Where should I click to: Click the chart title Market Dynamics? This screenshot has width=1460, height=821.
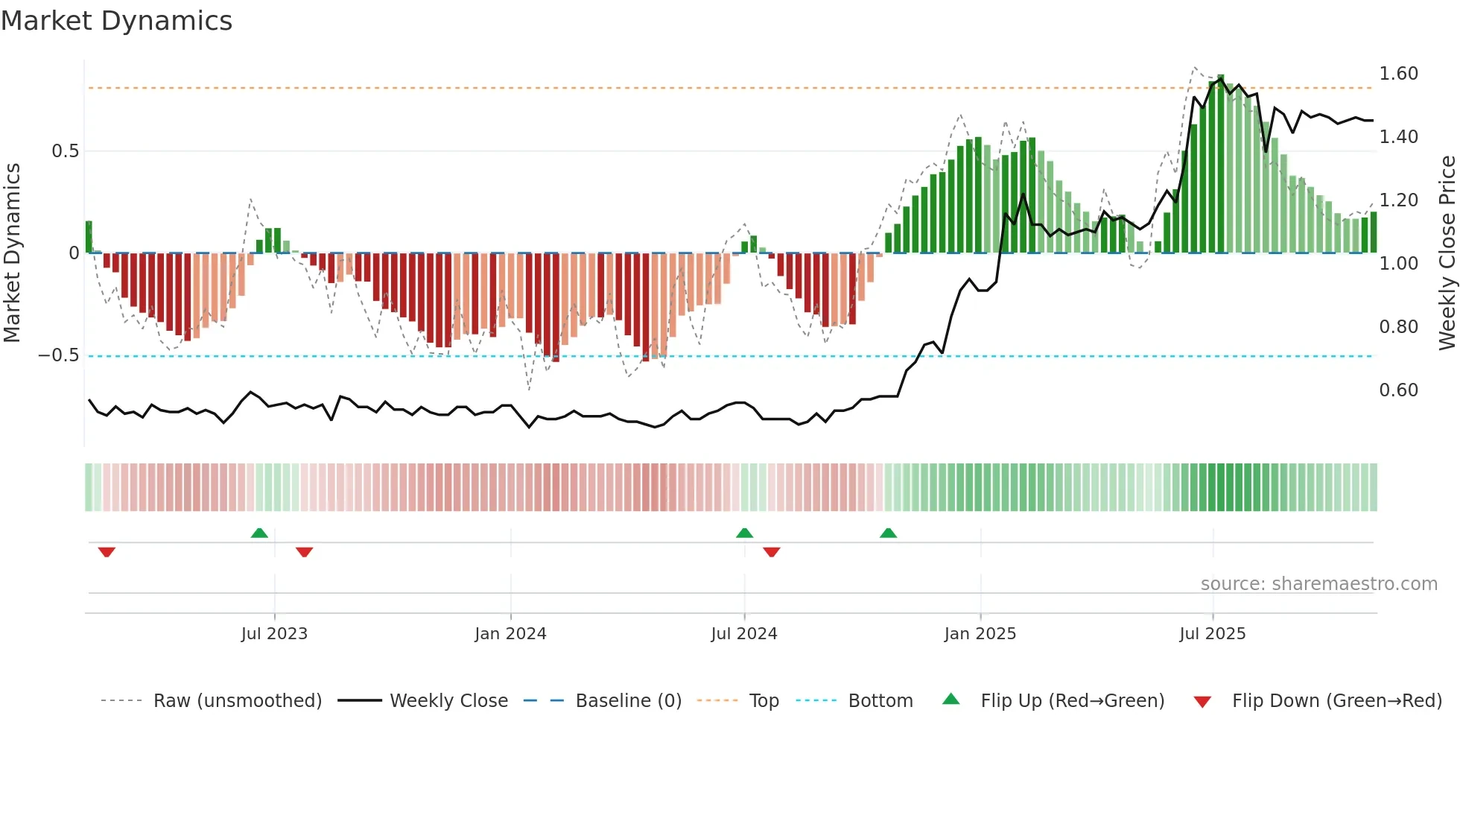[x=116, y=21]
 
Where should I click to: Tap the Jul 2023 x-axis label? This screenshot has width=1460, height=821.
[x=274, y=634]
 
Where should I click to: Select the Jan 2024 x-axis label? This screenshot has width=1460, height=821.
[x=510, y=634]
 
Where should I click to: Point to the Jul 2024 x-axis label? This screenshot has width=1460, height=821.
[x=743, y=634]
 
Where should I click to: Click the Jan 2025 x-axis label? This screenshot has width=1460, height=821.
[x=980, y=634]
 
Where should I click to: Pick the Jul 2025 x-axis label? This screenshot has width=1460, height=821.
[x=1212, y=634]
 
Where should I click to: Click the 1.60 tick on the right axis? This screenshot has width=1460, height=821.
[x=1398, y=74]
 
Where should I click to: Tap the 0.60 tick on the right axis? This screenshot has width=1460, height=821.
[x=1398, y=390]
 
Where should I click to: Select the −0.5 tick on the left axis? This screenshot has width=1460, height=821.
[x=59, y=355]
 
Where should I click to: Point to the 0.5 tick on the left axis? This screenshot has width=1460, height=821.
[x=65, y=151]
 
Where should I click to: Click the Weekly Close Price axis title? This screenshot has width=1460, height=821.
[x=1447, y=253]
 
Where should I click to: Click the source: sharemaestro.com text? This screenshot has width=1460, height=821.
[x=1318, y=584]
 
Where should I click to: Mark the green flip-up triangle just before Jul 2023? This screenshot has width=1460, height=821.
[x=259, y=533]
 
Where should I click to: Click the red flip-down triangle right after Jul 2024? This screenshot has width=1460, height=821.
[x=772, y=552]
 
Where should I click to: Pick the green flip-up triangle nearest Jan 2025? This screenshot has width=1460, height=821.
[x=888, y=533]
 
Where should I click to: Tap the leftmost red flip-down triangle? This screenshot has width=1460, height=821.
[x=107, y=552]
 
